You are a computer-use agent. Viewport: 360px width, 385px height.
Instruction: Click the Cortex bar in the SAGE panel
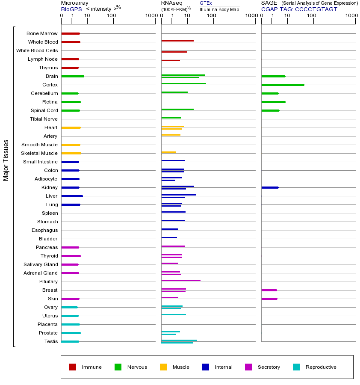[x=283, y=85]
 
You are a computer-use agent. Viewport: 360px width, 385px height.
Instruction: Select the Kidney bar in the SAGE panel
[x=270, y=187]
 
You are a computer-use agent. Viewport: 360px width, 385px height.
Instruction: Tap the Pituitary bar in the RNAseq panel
[x=180, y=280]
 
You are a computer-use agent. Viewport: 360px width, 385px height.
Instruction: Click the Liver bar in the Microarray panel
[x=72, y=196]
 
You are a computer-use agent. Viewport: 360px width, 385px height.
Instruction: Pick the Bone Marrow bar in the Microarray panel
[x=71, y=33]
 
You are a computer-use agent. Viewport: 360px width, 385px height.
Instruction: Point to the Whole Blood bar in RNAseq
[x=177, y=41]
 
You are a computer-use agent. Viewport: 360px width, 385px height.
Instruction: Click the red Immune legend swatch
[x=73, y=367]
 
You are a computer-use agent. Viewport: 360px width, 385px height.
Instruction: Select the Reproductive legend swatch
[x=296, y=367]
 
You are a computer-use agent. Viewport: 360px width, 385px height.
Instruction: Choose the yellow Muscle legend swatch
[x=163, y=367]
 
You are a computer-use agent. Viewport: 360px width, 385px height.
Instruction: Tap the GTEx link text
[x=206, y=3]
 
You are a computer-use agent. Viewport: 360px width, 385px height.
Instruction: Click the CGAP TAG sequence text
[x=299, y=9]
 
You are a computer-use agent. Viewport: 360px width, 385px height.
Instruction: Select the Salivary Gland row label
[x=41, y=264]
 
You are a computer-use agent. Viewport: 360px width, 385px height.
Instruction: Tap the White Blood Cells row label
[x=37, y=50]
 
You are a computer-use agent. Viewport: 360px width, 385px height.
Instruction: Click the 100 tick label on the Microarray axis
[x=111, y=16]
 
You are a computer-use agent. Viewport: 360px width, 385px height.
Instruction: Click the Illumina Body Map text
[x=219, y=9]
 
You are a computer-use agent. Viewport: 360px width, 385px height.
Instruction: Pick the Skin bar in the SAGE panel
[x=269, y=299]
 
